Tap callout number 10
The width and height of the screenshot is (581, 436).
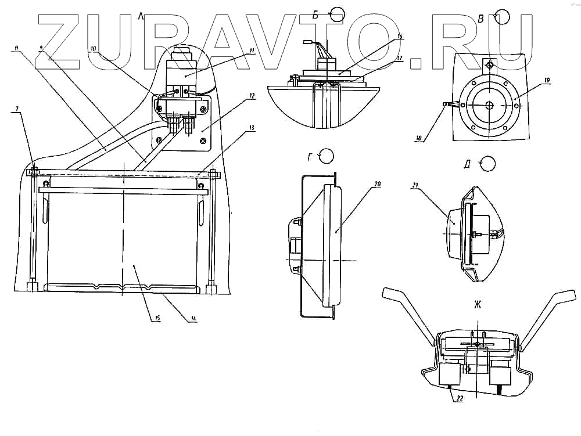coord(94,49)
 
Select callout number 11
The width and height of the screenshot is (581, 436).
coord(252,50)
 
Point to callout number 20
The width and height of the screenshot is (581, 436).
coord(378,184)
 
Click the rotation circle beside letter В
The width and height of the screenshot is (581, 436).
coord(503,16)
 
